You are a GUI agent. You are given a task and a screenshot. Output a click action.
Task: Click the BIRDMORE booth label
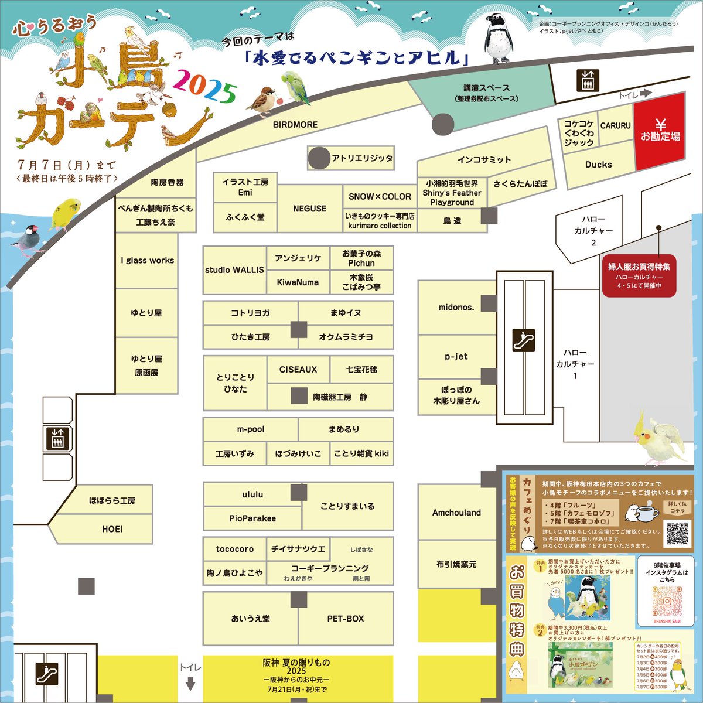[x=295, y=125]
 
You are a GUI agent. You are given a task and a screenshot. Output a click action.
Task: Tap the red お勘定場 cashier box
[x=660, y=131]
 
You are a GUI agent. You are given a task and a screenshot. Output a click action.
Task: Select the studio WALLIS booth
[x=234, y=270]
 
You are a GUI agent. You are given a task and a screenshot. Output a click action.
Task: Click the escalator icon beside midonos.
[x=523, y=340]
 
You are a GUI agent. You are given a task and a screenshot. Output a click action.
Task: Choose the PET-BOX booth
[x=346, y=619]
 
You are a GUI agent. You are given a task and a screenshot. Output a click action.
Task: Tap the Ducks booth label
[x=598, y=165]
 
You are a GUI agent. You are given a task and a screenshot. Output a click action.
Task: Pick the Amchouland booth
[x=456, y=513]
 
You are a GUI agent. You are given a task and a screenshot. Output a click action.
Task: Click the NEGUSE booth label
[x=309, y=209]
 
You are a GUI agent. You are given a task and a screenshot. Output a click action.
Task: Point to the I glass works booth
[x=147, y=261]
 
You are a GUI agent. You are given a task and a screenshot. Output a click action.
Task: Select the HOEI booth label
[x=112, y=529]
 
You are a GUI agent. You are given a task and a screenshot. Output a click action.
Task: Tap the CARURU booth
[x=615, y=126]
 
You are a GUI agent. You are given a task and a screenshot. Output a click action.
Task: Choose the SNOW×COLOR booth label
[x=380, y=197]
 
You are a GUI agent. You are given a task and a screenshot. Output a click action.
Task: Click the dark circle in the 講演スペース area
[x=442, y=124]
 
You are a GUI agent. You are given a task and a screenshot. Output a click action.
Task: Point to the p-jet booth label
[x=456, y=356]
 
